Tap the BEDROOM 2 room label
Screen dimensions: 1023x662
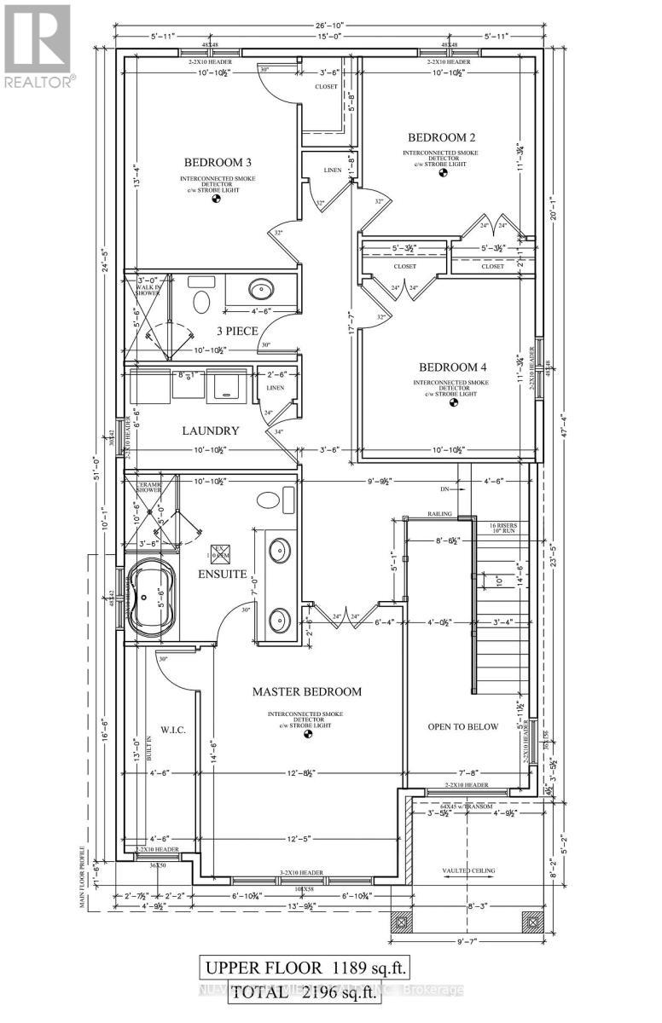441,137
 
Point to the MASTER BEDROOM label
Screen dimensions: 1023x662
307,691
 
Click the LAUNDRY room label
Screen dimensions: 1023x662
210,431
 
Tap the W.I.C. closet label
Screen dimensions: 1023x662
173,731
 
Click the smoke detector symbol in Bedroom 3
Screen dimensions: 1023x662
217,200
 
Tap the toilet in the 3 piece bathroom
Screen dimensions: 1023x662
202,302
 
